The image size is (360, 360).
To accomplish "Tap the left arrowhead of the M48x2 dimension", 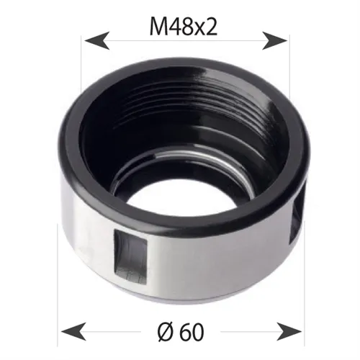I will click(x=92, y=40).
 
